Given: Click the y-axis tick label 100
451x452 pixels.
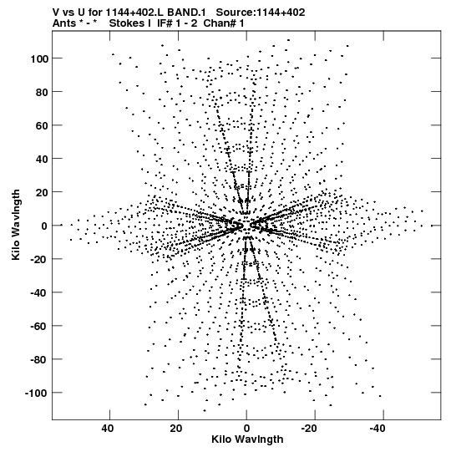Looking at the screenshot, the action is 38,58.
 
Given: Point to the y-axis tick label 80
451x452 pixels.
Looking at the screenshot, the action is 42,92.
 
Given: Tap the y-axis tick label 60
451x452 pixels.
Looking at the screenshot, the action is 42,125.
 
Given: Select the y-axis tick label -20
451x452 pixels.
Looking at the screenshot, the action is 38,259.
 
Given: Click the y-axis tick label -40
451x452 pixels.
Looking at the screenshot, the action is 38,292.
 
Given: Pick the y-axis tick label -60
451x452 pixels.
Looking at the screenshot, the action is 38,326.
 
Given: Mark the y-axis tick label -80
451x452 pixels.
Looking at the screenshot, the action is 38,359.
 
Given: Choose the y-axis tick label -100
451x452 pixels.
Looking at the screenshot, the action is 36,393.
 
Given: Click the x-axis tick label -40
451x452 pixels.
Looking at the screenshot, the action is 378,429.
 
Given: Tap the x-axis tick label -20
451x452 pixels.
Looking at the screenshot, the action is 309,429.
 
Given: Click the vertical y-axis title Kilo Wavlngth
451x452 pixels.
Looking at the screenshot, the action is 16,225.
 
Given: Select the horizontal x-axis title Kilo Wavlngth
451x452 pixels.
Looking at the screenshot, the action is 247,439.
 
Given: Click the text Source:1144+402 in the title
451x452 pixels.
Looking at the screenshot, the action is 261,13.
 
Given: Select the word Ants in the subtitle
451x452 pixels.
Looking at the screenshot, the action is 64,23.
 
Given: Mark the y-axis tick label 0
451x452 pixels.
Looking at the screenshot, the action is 44,226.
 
